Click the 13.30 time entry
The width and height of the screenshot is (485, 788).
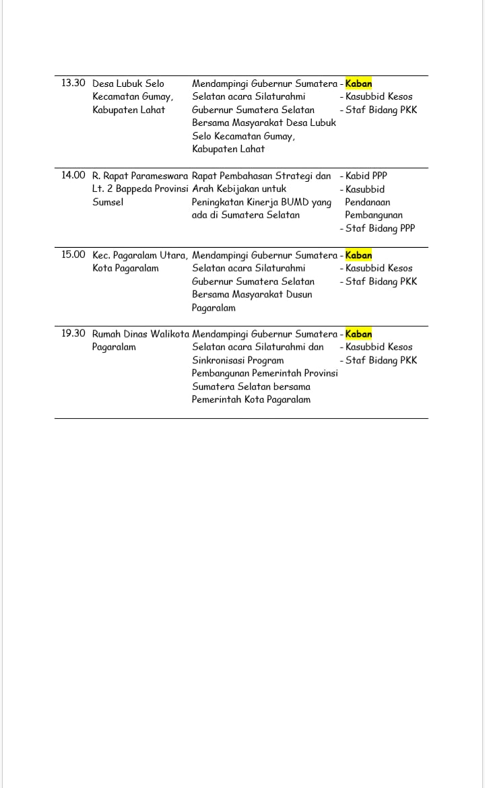pyautogui.click(x=73, y=84)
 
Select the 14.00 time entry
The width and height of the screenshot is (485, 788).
pyautogui.click(x=73, y=176)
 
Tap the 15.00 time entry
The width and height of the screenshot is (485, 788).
pyautogui.click(x=73, y=255)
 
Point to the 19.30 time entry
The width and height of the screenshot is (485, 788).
pyautogui.click(x=73, y=333)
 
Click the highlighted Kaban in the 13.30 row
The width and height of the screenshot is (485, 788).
pyautogui.click(x=358, y=84)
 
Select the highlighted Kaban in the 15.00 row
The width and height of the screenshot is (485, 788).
pyautogui.click(x=358, y=255)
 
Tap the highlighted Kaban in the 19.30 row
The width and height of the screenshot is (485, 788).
pyautogui.click(x=358, y=334)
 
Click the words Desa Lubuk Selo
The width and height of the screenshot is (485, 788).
pyautogui.click(x=128, y=84)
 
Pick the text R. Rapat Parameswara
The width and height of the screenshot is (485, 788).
pyautogui.click(x=140, y=176)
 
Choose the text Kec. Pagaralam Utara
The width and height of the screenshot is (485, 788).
pyautogui.click(x=140, y=255)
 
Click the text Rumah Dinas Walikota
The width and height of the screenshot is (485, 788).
pyautogui.click(x=140, y=334)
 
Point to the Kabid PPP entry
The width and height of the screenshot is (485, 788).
pyautogui.click(x=366, y=176)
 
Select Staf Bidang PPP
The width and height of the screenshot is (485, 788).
pyautogui.click(x=380, y=228)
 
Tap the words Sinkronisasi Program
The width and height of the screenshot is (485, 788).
pyautogui.click(x=238, y=360)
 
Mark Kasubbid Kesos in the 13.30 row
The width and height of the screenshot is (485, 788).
pyautogui.click(x=379, y=97)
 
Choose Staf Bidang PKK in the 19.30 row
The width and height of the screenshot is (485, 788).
pyautogui.click(x=381, y=360)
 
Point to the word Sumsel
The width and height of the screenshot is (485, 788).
pyautogui.click(x=108, y=202)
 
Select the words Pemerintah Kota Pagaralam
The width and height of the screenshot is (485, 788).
pyautogui.click(x=251, y=399)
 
